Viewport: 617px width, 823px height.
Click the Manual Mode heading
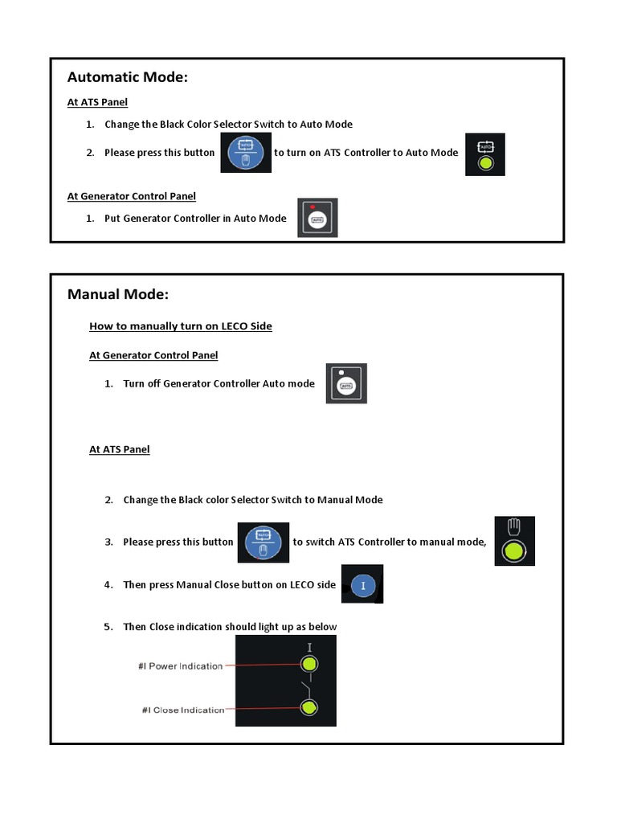[118, 294]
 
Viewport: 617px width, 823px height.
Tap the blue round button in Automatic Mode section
[245, 152]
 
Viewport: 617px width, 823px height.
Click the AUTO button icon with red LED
[317, 218]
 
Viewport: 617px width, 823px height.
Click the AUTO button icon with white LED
[346, 383]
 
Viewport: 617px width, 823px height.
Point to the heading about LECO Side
[181, 326]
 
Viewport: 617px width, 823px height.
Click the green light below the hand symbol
[515, 552]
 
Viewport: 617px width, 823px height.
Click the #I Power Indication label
[180, 666]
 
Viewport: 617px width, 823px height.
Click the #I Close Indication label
[181, 710]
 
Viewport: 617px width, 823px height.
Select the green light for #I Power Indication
[309, 665]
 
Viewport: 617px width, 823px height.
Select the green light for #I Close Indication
[309, 707]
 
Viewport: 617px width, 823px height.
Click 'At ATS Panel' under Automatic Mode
[97, 102]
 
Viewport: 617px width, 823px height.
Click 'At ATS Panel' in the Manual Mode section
[119, 449]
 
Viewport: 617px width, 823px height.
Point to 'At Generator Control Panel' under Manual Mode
[153, 355]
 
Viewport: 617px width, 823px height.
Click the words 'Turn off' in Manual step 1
[141, 383]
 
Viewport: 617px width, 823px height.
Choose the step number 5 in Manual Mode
[108, 627]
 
